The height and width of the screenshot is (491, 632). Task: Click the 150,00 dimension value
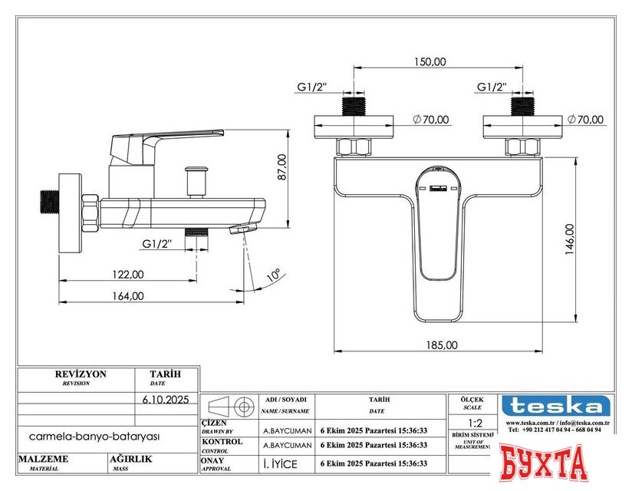[x=430, y=61]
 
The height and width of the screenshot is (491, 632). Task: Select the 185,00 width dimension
[x=441, y=344]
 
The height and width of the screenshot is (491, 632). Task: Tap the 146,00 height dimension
[x=569, y=239]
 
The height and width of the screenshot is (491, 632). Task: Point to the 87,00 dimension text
[x=281, y=166]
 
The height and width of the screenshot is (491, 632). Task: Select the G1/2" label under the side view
[x=157, y=244]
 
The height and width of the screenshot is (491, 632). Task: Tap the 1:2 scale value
[x=475, y=423]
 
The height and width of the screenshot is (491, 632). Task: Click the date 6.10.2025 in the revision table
[x=166, y=399]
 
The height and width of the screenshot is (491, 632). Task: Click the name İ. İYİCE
[x=280, y=463]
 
